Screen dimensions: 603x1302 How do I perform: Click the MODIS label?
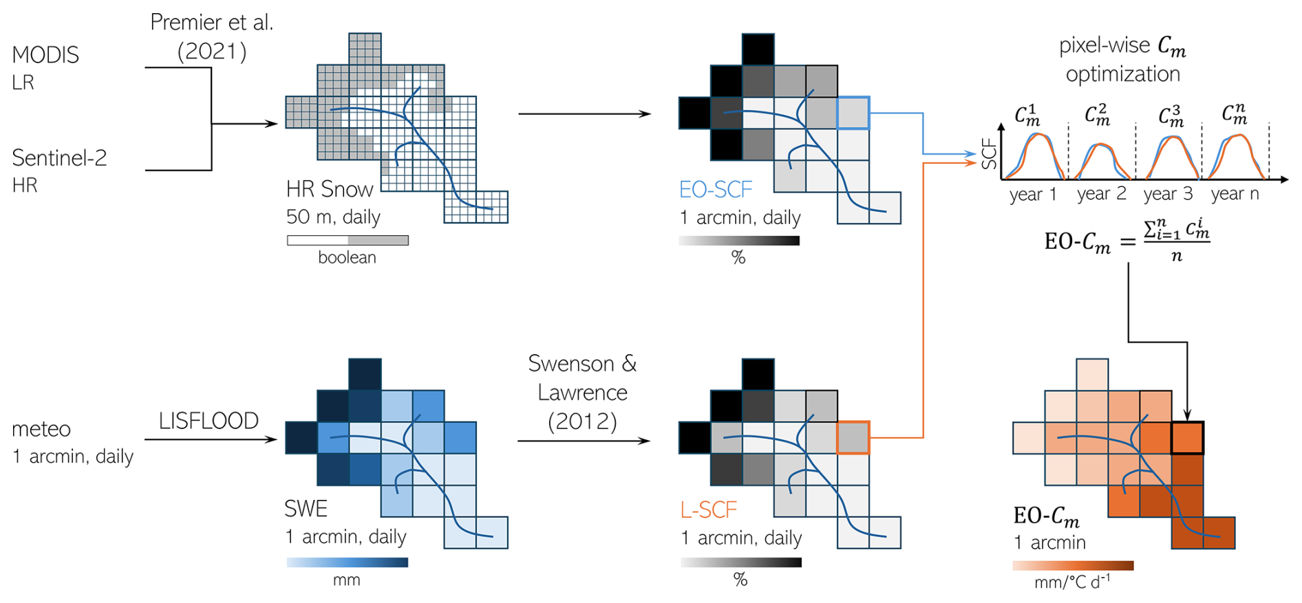click(45, 55)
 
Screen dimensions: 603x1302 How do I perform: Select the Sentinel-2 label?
click(59, 158)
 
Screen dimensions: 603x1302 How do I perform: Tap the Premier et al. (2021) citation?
click(212, 36)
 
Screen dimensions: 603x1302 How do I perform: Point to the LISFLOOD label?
click(209, 421)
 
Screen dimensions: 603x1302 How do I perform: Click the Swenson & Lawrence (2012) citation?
click(582, 392)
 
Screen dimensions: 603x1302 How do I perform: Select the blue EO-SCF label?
click(715, 189)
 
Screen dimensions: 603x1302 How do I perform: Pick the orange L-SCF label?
click(708, 509)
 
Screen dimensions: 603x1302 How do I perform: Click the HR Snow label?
click(330, 189)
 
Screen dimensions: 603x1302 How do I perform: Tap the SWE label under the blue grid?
click(306, 509)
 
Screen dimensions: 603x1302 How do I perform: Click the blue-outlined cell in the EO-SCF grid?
click(853, 113)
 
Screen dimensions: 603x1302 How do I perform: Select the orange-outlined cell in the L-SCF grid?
click(853, 438)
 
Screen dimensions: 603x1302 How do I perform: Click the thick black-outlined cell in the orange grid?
click(1187, 438)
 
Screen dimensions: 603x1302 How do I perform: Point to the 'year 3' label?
click(1168, 194)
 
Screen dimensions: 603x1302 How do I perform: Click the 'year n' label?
click(1235, 194)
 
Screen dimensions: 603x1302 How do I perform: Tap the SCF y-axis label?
click(989, 153)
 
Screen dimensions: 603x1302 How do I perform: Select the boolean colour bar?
click(348, 241)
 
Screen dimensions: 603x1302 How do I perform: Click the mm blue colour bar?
click(348, 562)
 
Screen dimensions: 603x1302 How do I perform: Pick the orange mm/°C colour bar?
click(1073, 566)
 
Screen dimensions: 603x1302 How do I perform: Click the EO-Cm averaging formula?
click(1127, 241)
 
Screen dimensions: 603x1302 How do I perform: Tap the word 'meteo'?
click(41, 429)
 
